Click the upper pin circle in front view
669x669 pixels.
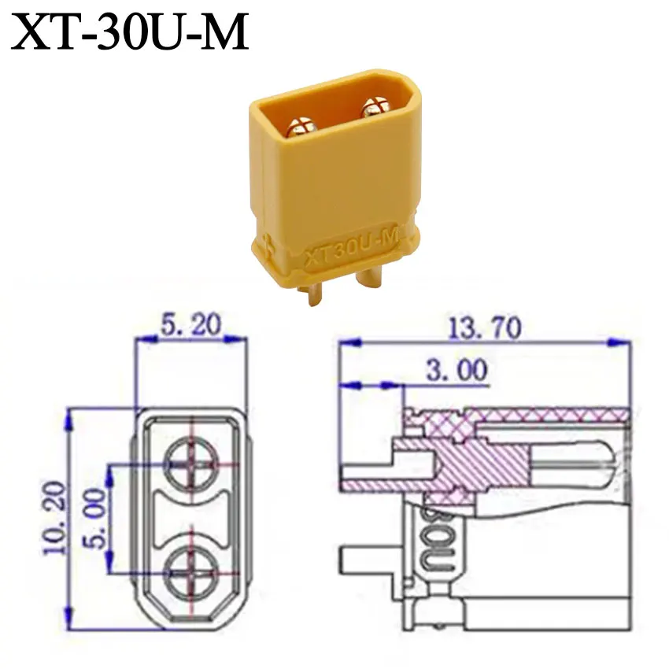click(x=192, y=464)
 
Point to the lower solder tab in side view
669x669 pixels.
click(x=370, y=562)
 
